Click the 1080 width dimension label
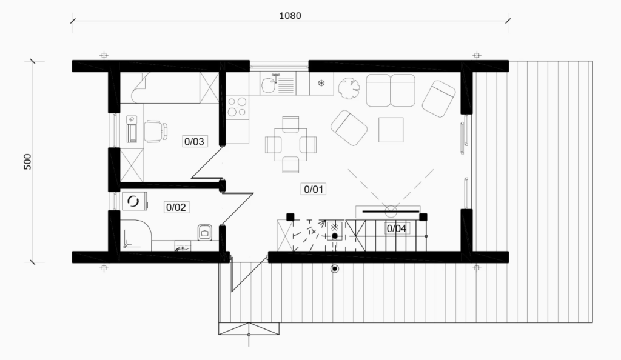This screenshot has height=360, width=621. pyautogui.click(x=290, y=15)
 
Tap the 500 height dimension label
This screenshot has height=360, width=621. pyautogui.click(x=27, y=162)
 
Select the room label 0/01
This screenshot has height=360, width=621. pyautogui.click(x=314, y=189)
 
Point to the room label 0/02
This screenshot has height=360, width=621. pyautogui.click(x=176, y=207)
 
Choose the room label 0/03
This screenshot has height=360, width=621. pyautogui.click(x=194, y=141)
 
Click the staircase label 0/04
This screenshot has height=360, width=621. pyautogui.click(x=397, y=228)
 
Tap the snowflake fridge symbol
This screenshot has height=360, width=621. pyautogui.click(x=321, y=83)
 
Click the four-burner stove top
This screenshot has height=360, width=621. pyautogui.click(x=237, y=107)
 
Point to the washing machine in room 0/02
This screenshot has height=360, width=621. pyautogui.click(x=134, y=201)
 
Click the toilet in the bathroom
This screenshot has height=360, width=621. pyautogui.click(x=205, y=233)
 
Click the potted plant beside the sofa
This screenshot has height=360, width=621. pyautogui.click(x=349, y=88)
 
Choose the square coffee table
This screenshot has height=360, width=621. pyautogui.click(x=391, y=130)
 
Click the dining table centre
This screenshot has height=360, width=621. pyautogui.click(x=290, y=144)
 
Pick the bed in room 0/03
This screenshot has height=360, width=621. pyautogui.click(x=175, y=88)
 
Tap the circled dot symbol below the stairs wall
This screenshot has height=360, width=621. pyautogui.click(x=335, y=269)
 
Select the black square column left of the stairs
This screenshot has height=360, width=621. pyautogui.click(x=290, y=216)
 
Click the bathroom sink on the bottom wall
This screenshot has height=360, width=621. pyautogui.click(x=183, y=247)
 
